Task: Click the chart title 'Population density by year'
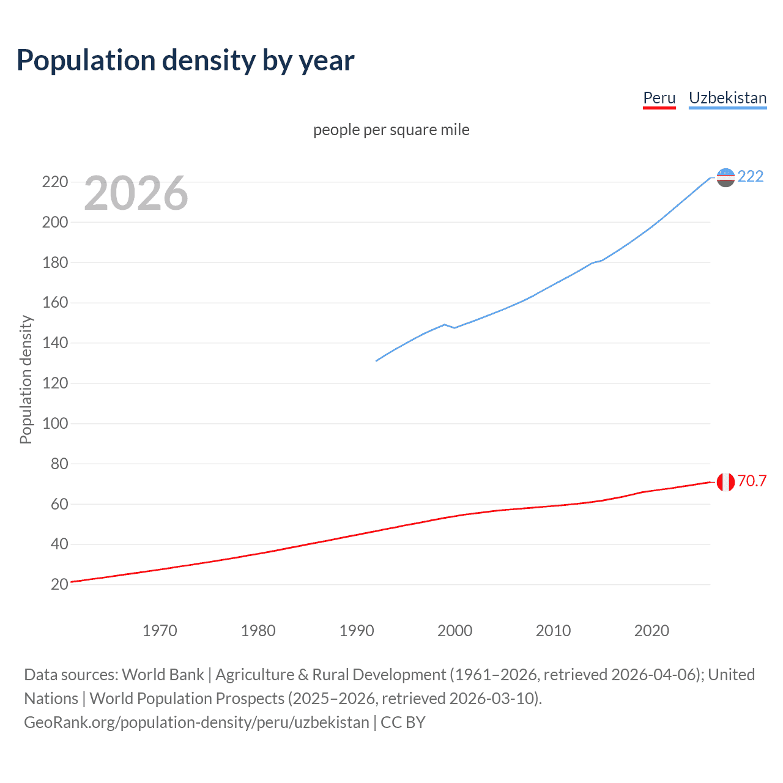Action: (x=185, y=61)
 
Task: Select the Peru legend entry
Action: (x=659, y=98)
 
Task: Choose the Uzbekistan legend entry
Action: (x=727, y=98)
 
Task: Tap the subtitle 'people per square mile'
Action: (x=391, y=130)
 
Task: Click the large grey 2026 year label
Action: (x=136, y=193)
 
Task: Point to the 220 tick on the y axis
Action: (x=55, y=182)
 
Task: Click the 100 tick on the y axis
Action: (x=55, y=423)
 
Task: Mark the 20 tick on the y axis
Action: (x=59, y=584)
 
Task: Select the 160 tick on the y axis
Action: (x=55, y=303)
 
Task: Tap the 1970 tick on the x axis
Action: (x=160, y=631)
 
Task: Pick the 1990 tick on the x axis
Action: (x=357, y=631)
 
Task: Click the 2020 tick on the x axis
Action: (x=651, y=631)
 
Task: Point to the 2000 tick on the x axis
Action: (x=455, y=631)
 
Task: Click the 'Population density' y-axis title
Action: (x=26, y=379)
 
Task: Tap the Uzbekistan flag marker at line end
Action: (x=725, y=177)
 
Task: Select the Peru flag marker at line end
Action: (x=725, y=482)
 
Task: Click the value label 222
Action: (x=751, y=177)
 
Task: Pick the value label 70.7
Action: (x=752, y=481)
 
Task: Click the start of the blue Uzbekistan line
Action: (x=377, y=360)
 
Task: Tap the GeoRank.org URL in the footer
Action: (x=196, y=722)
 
